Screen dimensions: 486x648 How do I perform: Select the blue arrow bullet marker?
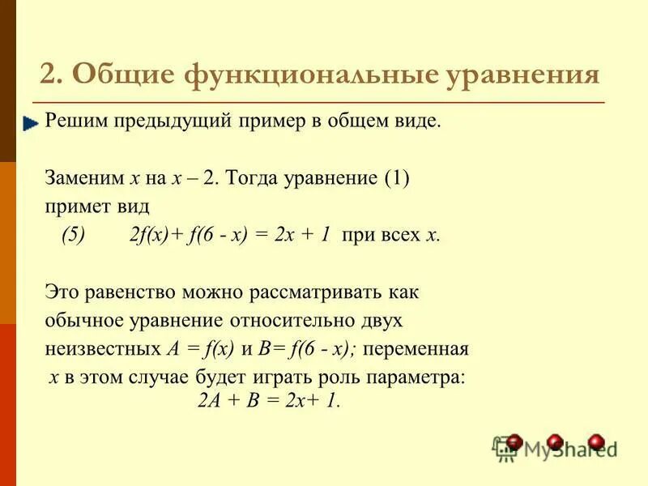(x=32, y=124)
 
